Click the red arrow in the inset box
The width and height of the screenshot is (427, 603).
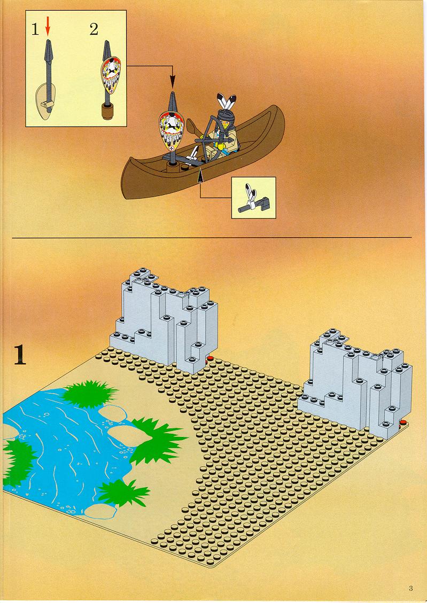click(48, 27)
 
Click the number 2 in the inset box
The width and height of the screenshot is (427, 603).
click(94, 29)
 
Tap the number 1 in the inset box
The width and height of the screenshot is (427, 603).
click(35, 29)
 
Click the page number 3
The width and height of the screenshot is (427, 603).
click(411, 588)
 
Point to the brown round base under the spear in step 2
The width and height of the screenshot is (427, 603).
click(108, 111)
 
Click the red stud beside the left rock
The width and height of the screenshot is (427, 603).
click(209, 359)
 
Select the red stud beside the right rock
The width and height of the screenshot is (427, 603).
click(403, 422)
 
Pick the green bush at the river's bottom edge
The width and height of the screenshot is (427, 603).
click(122, 492)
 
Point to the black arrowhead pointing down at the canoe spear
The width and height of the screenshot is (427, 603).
click(172, 82)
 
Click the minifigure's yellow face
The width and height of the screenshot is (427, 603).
click(226, 123)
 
